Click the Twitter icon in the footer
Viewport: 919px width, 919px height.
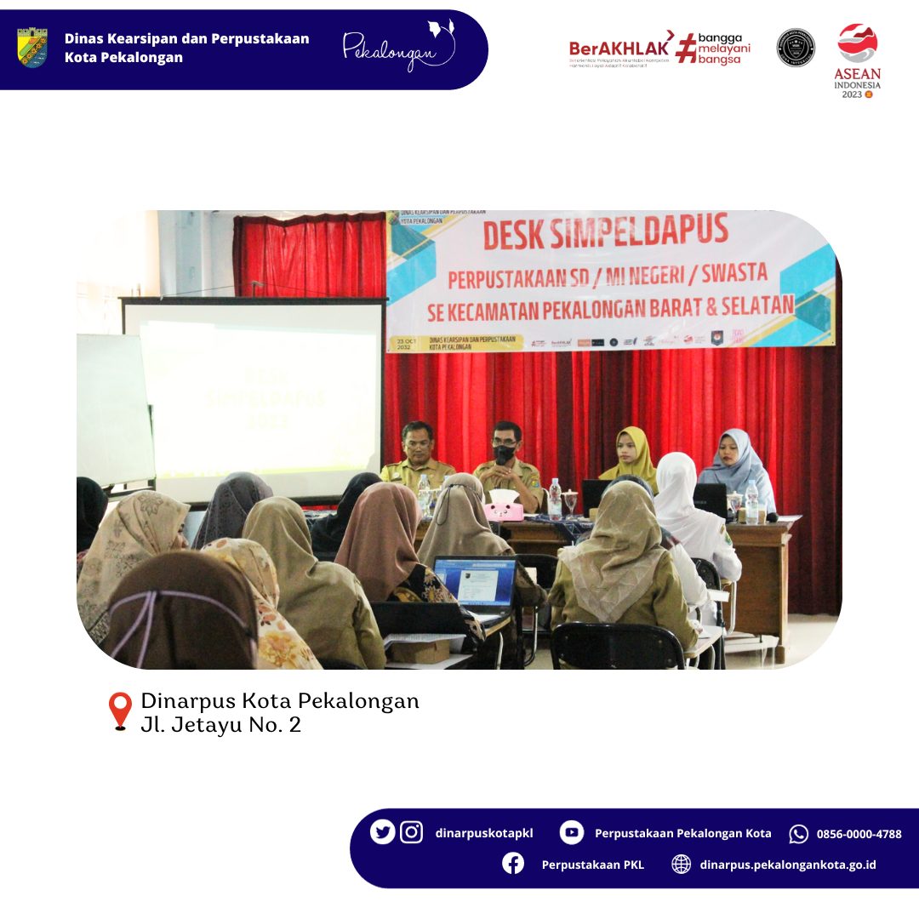382,832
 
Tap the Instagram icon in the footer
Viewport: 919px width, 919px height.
412,832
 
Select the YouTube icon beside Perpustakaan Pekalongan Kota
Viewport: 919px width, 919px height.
572,833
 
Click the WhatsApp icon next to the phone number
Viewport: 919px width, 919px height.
798,834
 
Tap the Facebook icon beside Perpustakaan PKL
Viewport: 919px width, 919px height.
513,864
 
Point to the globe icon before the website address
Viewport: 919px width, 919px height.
681,865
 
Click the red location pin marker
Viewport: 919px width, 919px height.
120,711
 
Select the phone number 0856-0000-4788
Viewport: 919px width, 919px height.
859,834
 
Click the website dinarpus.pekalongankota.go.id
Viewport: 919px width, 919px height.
787,865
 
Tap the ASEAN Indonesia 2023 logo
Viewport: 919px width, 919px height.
857,60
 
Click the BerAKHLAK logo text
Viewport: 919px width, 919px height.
619,49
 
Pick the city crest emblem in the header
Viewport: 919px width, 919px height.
32,48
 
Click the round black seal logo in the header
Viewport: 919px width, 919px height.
795,48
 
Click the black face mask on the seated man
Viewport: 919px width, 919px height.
505,454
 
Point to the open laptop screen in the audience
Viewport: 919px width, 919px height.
474,582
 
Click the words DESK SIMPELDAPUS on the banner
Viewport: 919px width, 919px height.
606,231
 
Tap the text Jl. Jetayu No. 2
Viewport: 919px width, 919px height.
221,725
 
